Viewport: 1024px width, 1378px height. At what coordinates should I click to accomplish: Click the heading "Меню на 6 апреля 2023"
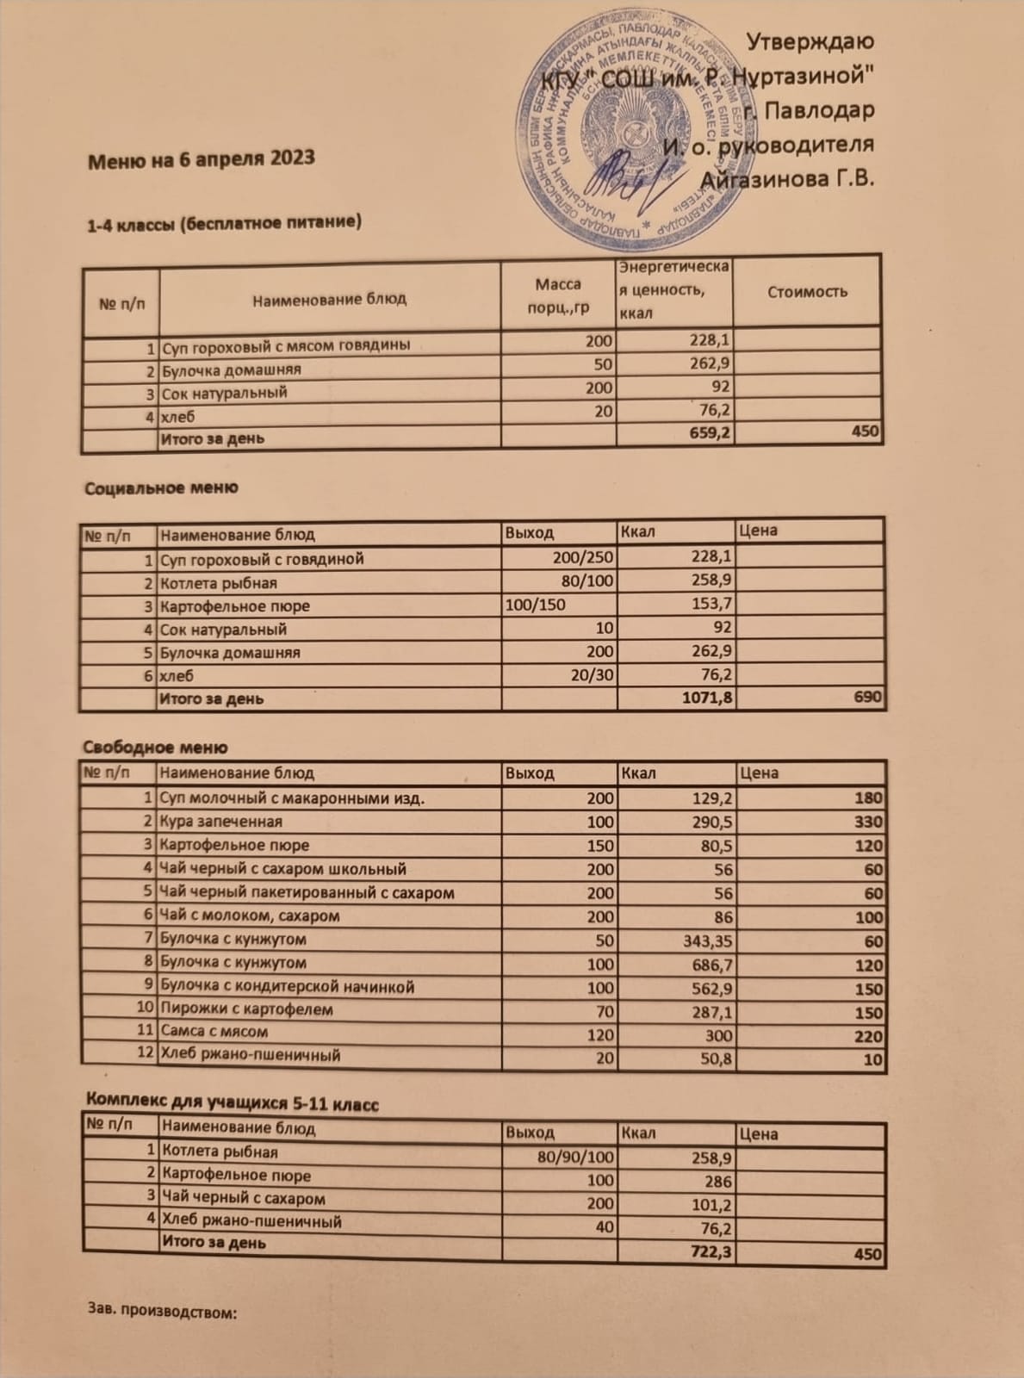(201, 159)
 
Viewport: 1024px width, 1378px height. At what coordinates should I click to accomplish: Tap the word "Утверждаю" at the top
(810, 41)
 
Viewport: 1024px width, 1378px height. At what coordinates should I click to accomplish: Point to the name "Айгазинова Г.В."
(787, 179)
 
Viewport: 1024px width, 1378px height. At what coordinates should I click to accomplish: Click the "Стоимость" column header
(807, 292)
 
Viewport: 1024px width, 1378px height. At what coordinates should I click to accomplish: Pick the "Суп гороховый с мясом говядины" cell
(286, 345)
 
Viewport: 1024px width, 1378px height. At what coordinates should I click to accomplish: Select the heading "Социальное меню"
(161, 488)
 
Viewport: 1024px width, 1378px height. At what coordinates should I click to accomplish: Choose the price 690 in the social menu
(867, 697)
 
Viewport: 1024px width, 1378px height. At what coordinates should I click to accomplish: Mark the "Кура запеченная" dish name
(221, 822)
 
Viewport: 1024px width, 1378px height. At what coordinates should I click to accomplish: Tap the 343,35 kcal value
(707, 941)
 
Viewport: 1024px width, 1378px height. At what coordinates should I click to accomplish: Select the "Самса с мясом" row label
(214, 1031)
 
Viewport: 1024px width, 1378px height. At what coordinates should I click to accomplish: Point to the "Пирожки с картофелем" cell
(246, 1009)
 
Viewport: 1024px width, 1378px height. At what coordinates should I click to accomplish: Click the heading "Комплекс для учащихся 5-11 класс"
(232, 1103)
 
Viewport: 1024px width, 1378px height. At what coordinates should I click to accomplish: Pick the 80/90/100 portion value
(575, 1157)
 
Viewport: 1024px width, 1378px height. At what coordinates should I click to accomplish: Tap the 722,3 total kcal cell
(711, 1251)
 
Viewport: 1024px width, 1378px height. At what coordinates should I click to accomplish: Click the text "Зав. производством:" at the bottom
(162, 1312)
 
